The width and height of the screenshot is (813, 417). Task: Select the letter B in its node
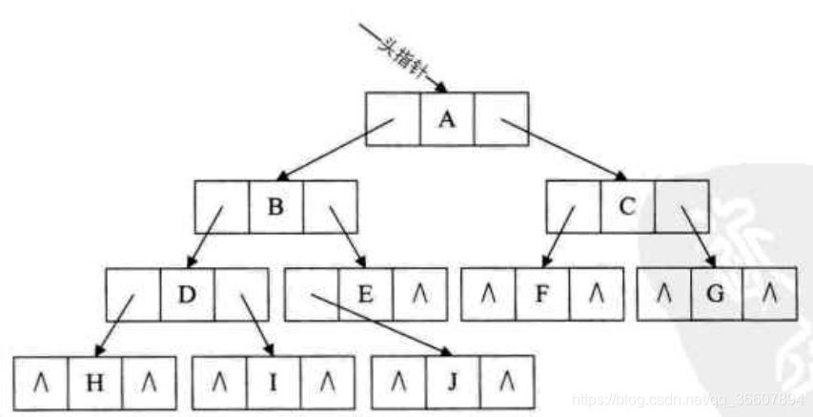tap(275, 206)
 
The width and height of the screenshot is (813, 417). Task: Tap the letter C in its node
tap(627, 206)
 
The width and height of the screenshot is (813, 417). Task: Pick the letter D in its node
tap(187, 294)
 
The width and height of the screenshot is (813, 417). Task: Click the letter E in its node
tap(365, 294)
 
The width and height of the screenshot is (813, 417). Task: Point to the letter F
tap(541, 294)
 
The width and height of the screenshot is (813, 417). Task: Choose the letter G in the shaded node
tap(717, 294)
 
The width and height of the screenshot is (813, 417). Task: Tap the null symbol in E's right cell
tap(418, 294)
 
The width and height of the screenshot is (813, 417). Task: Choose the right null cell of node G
tap(770, 294)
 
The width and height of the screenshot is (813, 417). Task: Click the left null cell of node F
tap(487, 294)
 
